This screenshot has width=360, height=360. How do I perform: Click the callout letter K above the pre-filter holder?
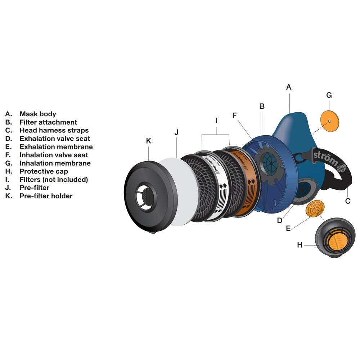[x=149, y=141]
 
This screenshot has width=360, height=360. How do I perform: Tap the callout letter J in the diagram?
[x=176, y=132]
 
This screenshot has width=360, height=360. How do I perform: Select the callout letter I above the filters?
[x=216, y=121]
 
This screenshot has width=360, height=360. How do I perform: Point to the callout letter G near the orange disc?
[x=329, y=95]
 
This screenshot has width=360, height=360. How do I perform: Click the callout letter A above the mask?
[x=289, y=87]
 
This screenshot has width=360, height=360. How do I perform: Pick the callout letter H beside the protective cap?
[x=300, y=245]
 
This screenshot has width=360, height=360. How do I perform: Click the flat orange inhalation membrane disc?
[x=330, y=121]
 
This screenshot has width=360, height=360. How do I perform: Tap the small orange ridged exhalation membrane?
[x=314, y=208]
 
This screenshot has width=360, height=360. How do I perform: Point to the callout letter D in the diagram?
[x=280, y=221]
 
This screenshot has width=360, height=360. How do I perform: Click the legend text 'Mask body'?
[x=38, y=114]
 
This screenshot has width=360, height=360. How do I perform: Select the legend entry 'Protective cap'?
[x=44, y=171]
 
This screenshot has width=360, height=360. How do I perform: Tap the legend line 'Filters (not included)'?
[x=54, y=180]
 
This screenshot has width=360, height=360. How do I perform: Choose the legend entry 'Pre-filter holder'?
[x=46, y=196]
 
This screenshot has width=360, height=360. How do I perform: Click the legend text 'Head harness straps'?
[x=54, y=130]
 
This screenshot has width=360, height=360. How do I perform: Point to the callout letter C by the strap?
[x=348, y=201]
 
